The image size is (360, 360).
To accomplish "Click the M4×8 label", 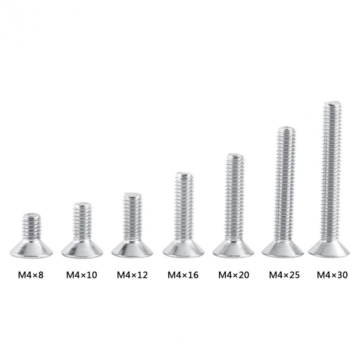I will point(31,275).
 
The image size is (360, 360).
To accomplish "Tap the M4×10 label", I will point(81,275).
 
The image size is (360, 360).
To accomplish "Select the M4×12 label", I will point(132,275).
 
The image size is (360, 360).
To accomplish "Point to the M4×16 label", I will point(183,275).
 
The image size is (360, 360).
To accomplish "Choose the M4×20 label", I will point(234,275).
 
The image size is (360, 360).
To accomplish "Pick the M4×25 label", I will point(285,275).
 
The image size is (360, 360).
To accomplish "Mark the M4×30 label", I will point(332,275).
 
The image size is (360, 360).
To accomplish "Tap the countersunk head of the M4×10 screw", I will point(82,248).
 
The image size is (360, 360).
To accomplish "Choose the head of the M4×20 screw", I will point(233,249).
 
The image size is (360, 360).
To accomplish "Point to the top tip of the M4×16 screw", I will point(184,174).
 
